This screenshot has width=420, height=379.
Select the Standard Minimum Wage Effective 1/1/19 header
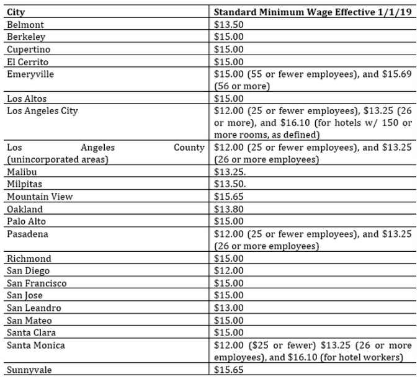point(312,12)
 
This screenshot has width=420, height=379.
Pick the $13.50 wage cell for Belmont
point(228,24)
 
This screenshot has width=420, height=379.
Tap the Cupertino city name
point(29,49)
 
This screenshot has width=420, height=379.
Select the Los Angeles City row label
point(42,111)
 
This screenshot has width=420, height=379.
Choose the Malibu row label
point(22,172)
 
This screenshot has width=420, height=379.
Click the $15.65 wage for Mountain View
point(228,197)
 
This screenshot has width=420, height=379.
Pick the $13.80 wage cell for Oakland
point(228,209)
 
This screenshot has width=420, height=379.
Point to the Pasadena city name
point(28,234)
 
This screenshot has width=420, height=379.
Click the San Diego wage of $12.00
point(228,271)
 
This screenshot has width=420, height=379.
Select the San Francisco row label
point(37,283)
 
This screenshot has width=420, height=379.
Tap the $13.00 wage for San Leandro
point(228,308)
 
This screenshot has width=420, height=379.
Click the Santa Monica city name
point(36,346)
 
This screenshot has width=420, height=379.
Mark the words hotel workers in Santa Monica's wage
point(378,358)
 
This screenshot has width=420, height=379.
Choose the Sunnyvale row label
point(29,370)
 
